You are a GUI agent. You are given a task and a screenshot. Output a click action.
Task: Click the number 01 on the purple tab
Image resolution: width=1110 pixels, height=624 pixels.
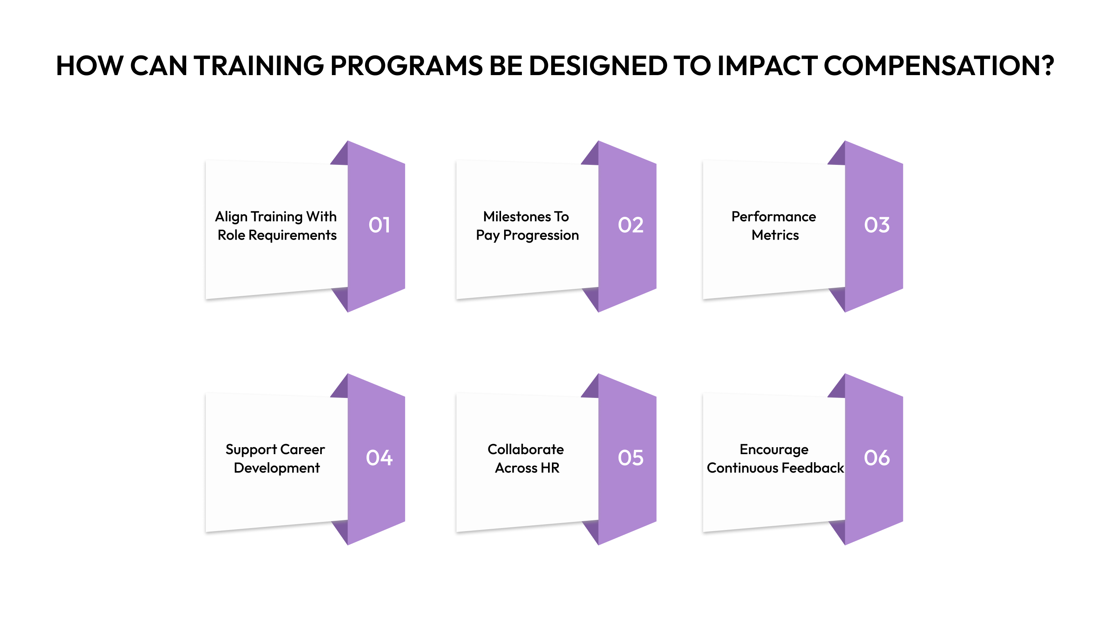tap(379, 225)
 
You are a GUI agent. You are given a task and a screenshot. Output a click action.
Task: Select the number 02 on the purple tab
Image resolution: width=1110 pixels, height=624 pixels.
tap(631, 225)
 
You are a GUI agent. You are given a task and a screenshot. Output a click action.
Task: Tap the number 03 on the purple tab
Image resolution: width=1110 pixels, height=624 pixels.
tap(876, 225)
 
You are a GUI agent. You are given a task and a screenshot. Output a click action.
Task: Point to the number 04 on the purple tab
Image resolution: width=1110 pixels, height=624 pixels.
tap(379, 457)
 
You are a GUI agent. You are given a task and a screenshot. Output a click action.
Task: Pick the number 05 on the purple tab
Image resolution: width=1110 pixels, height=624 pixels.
tap(631, 457)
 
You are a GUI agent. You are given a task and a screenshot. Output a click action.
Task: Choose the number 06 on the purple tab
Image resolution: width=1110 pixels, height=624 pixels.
tap(876, 457)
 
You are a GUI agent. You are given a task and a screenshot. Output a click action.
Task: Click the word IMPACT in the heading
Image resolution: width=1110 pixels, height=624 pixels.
tap(767, 66)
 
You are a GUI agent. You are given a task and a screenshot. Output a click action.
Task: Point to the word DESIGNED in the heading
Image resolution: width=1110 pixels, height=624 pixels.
tap(598, 66)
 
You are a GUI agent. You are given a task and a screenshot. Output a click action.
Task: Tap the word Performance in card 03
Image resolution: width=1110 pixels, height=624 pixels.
tap(774, 216)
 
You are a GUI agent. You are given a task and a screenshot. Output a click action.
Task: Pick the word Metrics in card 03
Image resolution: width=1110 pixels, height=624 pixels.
tap(775, 235)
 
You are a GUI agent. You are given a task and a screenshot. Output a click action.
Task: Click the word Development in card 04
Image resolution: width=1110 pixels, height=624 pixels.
tap(277, 468)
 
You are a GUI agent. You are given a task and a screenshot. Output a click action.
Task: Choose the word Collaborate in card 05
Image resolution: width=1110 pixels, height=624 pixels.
tap(526, 449)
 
